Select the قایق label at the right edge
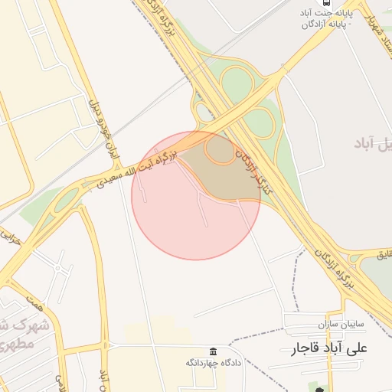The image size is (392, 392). pyautogui.click(x=385, y=253)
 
